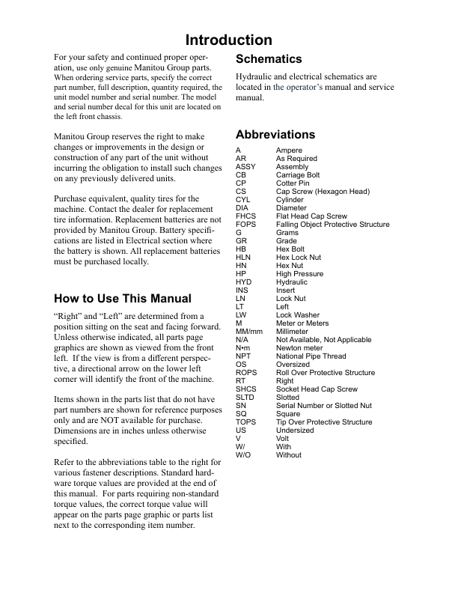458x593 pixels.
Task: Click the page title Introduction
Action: pos(229,40)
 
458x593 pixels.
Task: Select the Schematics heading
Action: pos(269,59)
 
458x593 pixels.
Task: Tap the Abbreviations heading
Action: pos(275,135)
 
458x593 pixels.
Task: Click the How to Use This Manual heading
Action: pos(123,299)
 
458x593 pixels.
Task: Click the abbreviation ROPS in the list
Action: pos(246,373)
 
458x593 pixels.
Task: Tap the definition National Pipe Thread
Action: pos(311,356)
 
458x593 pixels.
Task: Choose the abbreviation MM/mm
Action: pos(249,332)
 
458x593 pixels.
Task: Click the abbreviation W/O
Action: pos(243,455)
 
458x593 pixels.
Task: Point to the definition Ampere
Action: pos(289,150)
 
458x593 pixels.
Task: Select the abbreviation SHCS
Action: pos(245,389)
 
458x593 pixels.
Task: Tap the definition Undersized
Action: pos(295,431)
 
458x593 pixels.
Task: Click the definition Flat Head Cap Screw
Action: pos(311,216)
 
